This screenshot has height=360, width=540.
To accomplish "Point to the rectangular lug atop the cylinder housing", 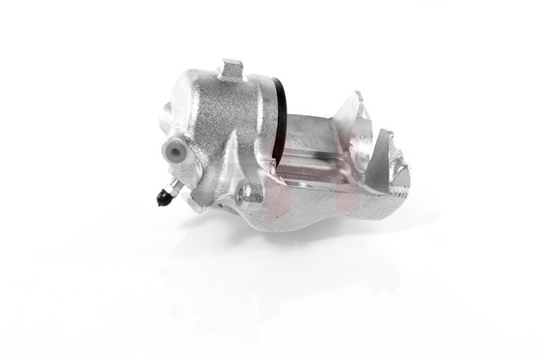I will pyautogui.click(x=233, y=68).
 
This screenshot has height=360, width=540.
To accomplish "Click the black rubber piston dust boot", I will pyautogui.click(x=279, y=112).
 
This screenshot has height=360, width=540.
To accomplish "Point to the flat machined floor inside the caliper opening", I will pyautogui.click(x=310, y=166).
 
